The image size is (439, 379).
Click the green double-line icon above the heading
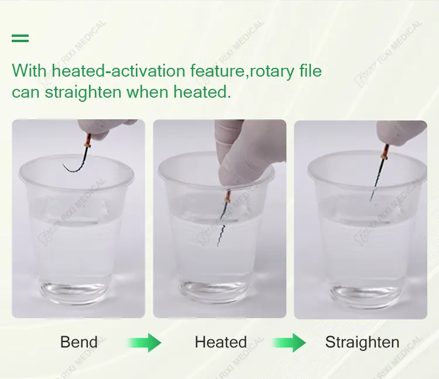(20, 39)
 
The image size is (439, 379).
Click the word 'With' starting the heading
(29, 71)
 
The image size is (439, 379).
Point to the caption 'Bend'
(79, 342)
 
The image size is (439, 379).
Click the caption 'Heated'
(221, 342)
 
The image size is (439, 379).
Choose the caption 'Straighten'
(362, 342)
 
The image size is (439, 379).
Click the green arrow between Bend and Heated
(145, 342)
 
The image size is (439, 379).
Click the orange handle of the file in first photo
(88, 139)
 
